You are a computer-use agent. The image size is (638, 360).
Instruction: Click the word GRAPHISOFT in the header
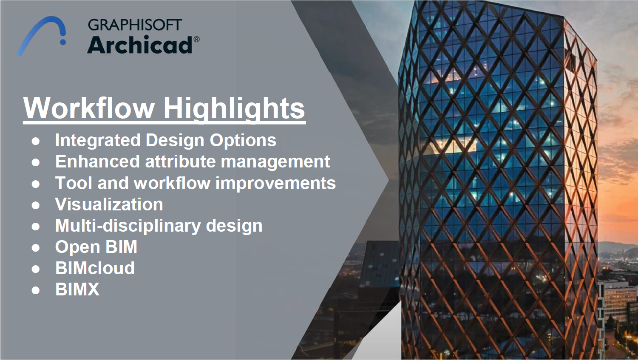135,25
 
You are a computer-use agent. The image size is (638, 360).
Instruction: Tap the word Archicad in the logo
140,45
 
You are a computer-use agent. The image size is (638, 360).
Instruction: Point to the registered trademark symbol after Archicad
196,40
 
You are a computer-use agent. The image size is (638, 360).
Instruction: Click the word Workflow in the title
89,108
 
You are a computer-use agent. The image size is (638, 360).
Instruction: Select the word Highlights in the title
234,108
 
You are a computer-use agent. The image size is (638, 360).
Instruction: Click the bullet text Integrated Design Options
165,140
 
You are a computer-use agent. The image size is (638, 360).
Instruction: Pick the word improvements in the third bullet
275,183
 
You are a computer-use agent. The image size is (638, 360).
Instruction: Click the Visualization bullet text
109,204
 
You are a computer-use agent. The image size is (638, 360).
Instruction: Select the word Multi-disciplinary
128,226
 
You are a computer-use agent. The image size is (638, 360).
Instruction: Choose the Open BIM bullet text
96,247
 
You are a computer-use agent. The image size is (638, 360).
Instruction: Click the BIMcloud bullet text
95,268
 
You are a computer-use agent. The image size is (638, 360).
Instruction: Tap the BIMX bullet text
77,289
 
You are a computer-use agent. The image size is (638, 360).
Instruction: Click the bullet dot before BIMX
36,290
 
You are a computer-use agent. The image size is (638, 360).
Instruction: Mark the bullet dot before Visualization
36,205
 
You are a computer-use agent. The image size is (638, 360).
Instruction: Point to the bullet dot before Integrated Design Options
36,141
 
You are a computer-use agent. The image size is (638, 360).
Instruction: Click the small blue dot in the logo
63,42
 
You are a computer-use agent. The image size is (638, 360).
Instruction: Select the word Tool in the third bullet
70,183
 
